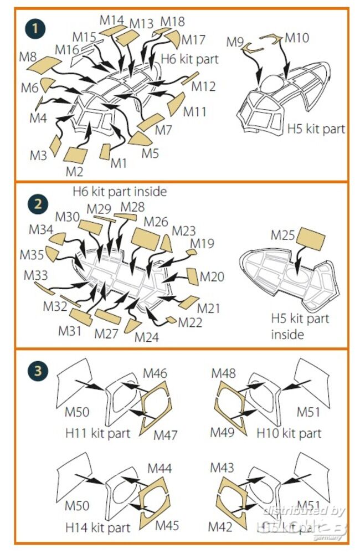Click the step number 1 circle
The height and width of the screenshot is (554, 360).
click(x=36, y=27)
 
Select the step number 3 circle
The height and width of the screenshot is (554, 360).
click(x=37, y=371)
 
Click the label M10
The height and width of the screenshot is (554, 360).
click(x=297, y=38)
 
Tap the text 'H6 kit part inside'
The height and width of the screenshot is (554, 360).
click(x=120, y=192)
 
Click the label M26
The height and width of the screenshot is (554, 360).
click(x=156, y=222)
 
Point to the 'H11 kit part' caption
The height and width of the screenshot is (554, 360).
click(x=97, y=433)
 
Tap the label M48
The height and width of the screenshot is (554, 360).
click(x=224, y=374)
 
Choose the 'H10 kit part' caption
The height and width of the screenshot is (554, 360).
click(x=289, y=433)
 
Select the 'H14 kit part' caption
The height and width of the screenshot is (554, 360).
click(x=97, y=528)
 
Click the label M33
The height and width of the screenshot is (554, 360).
click(x=36, y=275)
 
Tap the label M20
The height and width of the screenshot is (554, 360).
click(x=212, y=276)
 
